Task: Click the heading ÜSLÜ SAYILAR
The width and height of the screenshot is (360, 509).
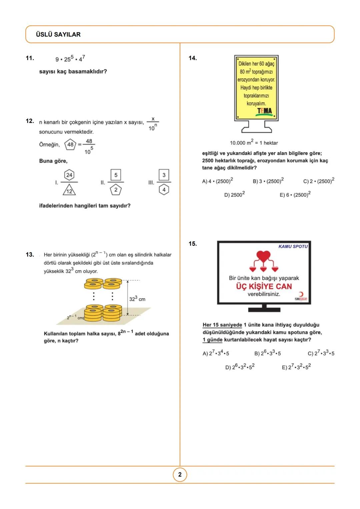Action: pyautogui.click(x=58, y=34)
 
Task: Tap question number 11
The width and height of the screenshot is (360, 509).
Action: pyautogui.click(x=30, y=58)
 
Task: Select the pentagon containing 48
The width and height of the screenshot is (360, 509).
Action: pyautogui.click(x=70, y=144)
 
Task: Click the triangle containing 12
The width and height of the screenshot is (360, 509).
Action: pyautogui.click(x=69, y=190)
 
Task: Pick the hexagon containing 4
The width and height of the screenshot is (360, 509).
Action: pyautogui.click(x=164, y=190)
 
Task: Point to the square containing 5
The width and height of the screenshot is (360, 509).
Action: pyautogui.click(x=116, y=175)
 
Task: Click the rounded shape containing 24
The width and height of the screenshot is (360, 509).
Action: pyautogui.click(x=69, y=175)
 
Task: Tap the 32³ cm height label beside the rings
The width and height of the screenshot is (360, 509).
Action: pyautogui.click(x=137, y=299)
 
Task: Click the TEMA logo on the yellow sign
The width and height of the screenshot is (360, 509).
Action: pyautogui.click(x=264, y=111)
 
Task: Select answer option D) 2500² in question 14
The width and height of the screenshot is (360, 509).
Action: pyautogui.click(x=234, y=194)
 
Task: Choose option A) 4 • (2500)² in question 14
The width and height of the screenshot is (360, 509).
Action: pyautogui.click(x=218, y=181)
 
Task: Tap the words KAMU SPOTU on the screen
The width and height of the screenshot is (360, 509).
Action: pyautogui.click(x=293, y=246)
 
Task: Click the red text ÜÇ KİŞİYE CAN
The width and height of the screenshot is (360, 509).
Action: pyautogui.click(x=264, y=286)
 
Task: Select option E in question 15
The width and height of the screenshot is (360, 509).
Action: pyautogui.click(x=296, y=367)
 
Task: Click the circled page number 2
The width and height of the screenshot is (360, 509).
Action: pyautogui.click(x=180, y=475)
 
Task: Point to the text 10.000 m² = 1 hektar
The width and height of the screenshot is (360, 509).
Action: pyautogui.click(x=254, y=143)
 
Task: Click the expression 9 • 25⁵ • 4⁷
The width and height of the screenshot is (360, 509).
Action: pyautogui.click(x=70, y=59)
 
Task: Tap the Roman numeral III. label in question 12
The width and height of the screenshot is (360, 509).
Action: pyautogui.click(x=151, y=182)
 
